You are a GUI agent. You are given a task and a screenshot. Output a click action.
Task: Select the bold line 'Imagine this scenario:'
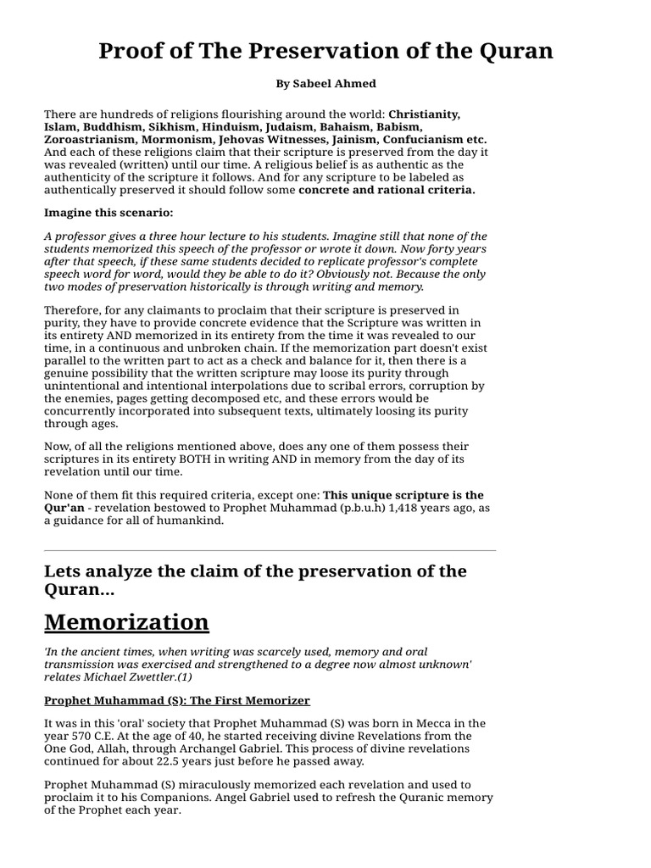108,213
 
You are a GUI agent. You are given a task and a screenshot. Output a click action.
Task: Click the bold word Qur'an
67,508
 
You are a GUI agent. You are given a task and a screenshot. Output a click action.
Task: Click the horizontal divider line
270,551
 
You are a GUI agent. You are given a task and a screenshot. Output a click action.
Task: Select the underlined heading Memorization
126,621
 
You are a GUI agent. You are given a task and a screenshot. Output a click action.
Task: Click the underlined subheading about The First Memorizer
176,701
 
